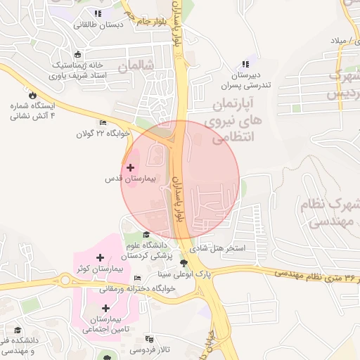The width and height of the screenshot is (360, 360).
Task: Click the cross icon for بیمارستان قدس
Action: point(131,167)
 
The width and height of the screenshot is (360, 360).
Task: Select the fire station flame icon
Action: point(31,94)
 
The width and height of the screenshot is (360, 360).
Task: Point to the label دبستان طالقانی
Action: point(98,24)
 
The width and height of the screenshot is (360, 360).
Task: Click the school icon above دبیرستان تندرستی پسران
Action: point(245,64)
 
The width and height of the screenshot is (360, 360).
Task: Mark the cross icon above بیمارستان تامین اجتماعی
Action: point(105,308)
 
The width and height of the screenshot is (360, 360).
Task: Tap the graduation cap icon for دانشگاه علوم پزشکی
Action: point(146,235)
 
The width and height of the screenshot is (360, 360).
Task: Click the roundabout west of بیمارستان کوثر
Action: point(67,279)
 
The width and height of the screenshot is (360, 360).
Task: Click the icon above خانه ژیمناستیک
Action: point(77,54)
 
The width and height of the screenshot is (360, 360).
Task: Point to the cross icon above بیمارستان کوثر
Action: point(100,258)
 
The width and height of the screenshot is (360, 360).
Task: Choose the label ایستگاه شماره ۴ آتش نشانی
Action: point(32,110)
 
